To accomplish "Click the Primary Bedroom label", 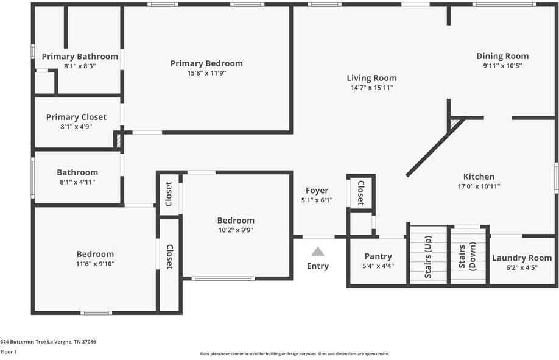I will [x=206, y=63].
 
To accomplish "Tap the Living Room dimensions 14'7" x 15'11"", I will [x=371, y=88].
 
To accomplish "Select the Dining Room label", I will [x=502, y=56].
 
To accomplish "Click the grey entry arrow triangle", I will [x=318, y=252].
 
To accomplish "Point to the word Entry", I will [x=318, y=266].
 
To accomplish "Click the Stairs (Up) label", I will [x=428, y=256].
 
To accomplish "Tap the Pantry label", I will [x=378, y=256].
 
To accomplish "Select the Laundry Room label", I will [x=522, y=258].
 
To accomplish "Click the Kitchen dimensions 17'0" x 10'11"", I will [x=479, y=186].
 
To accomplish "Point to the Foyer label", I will [x=317, y=191].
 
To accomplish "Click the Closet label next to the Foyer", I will [x=360, y=192].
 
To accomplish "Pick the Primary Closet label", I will [x=76, y=117].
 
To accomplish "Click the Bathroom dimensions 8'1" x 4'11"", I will [x=77, y=182].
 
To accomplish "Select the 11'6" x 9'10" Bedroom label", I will [x=95, y=254].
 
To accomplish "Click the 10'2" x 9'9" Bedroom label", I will [x=236, y=221].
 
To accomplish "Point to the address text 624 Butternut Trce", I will [x=48, y=342].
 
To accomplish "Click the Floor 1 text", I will [x=9, y=351].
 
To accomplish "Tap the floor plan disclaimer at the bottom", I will [x=294, y=353].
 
